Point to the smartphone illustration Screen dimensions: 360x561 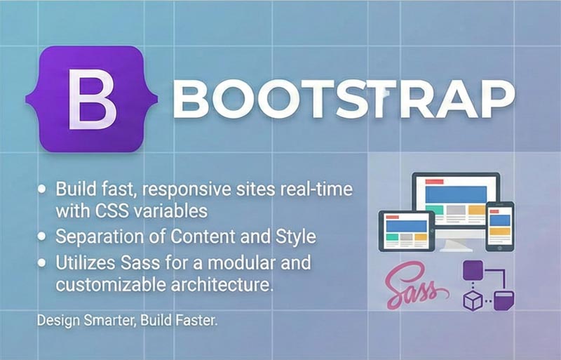pyautogui.click(x=499, y=225)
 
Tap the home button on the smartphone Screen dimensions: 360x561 pyautogui.click(x=499, y=246)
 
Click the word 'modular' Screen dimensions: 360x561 pyautogui.click(x=247, y=264)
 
